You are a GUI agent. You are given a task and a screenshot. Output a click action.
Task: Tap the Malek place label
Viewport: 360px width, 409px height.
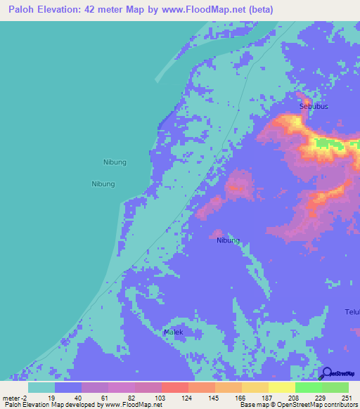point(173,332)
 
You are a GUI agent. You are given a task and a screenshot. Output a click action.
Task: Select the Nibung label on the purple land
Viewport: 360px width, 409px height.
point(228,240)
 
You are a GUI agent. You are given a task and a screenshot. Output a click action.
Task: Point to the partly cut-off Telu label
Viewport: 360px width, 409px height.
point(352,312)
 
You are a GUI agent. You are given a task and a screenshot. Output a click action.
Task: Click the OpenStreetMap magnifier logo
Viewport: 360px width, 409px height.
point(327,373)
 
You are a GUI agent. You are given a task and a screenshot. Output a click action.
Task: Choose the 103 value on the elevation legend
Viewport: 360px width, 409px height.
point(161,398)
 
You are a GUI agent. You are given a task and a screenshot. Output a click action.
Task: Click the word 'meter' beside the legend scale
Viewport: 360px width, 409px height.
point(11,398)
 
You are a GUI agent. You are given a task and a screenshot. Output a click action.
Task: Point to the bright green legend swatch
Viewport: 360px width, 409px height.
point(308,387)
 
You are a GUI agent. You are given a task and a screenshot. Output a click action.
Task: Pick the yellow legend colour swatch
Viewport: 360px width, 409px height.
point(281,387)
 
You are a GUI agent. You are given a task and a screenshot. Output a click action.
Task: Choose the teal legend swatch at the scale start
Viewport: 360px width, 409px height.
point(41,387)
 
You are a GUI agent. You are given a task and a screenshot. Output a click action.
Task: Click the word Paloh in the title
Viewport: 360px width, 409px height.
point(20,9)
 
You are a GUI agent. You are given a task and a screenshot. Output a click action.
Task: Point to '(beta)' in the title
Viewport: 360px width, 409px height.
point(259,9)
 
